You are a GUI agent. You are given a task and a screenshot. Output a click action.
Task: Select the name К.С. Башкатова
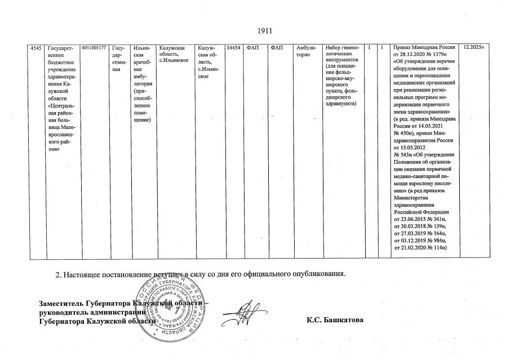[x=335, y=321]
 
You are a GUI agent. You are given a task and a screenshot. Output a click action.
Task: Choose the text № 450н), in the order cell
[x=406, y=132]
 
